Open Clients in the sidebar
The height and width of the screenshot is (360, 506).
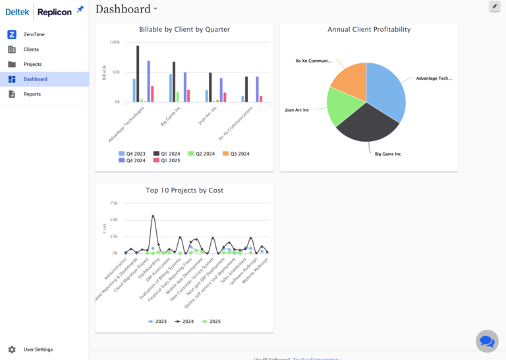tap(31, 49)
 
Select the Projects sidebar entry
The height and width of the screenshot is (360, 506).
tap(32, 64)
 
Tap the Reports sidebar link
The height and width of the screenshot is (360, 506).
tap(32, 94)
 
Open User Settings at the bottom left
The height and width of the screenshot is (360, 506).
tap(38, 349)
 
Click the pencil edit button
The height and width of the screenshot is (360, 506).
tap(495, 7)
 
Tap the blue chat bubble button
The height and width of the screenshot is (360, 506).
tap(487, 341)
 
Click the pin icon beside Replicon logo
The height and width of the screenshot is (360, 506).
tap(80, 9)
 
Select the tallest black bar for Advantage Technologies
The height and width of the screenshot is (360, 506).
tap(138, 74)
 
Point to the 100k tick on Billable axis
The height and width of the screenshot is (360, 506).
tap(115, 42)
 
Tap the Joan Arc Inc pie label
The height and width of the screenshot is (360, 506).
tap(296, 109)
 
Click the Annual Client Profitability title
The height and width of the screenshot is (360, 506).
tap(369, 30)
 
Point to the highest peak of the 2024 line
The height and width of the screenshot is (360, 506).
tap(153, 216)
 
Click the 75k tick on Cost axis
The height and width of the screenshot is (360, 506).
tap(113, 203)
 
